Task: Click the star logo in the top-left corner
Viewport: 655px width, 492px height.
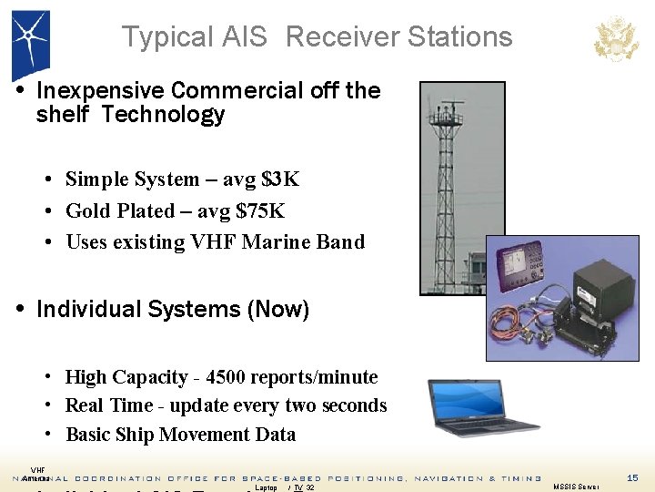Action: click(x=30, y=41)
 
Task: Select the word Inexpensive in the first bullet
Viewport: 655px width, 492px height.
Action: click(x=100, y=90)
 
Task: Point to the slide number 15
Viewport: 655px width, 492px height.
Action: click(x=633, y=477)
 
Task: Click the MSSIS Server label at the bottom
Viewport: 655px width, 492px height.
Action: click(x=576, y=487)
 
